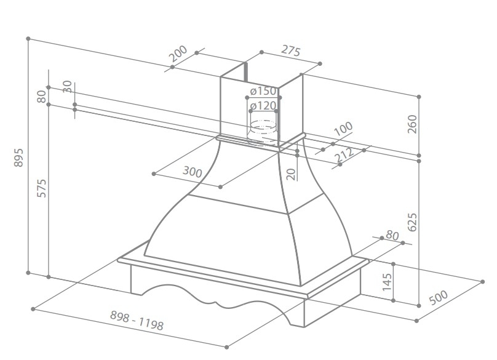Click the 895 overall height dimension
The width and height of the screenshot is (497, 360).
click(18, 158)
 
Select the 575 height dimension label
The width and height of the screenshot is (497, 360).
click(42, 188)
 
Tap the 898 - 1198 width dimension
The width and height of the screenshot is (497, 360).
click(137, 320)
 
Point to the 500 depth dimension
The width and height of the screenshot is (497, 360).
click(439, 297)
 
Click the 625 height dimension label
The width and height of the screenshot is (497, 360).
click(412, 222)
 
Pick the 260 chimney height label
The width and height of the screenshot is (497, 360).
click(412, 124)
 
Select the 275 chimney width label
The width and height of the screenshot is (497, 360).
click(291, 50)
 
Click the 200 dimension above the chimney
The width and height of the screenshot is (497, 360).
click(178, 54)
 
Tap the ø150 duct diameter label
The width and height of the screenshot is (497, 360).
click(263, 91)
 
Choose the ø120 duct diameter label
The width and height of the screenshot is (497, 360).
click(263, 106)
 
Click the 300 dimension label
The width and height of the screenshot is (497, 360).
click(193, 172)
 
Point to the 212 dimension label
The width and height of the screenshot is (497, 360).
click(344, 153)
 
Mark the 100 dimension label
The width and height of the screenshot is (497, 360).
click(343, 129)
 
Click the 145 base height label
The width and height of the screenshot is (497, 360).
click(387, 282)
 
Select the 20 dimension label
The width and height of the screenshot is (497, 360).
click(291, 174)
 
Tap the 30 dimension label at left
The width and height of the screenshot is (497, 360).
click(68, 86)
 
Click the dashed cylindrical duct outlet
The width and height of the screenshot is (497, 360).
click(263, 132)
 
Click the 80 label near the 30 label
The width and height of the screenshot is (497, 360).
click(42, 97)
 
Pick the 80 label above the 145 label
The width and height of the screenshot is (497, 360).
click(392, 236)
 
